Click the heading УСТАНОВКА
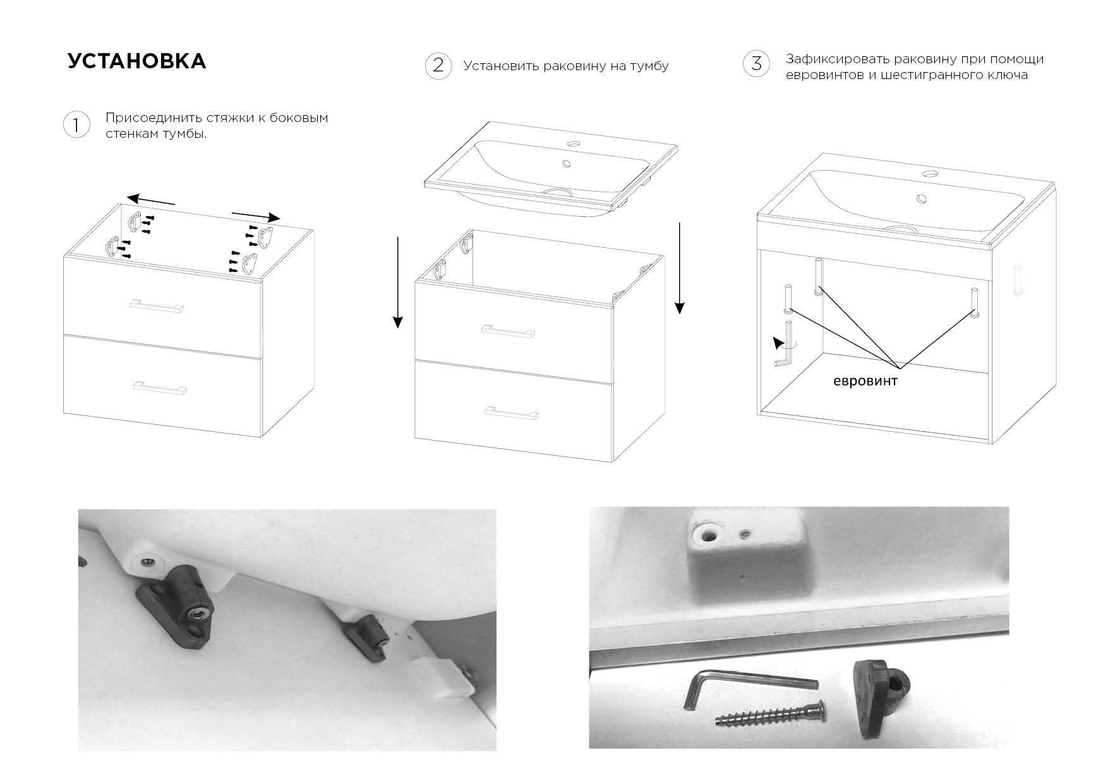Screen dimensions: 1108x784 (136, 61)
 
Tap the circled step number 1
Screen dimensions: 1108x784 (76, 125)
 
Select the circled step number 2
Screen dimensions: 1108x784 (438, 66)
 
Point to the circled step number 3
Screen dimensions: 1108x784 (756, 64)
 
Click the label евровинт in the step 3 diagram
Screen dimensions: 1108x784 (865, 381)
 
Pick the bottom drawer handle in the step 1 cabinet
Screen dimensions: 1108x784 (160, 387)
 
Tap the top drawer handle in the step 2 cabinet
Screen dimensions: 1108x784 (508, 331)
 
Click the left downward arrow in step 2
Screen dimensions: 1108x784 (397, 283)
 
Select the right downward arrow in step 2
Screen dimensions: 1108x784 (679, 268)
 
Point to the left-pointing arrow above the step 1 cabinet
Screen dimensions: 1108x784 (150, 200)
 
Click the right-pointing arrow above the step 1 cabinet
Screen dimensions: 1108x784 (256, 215)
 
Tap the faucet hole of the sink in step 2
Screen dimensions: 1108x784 (574, 144)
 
